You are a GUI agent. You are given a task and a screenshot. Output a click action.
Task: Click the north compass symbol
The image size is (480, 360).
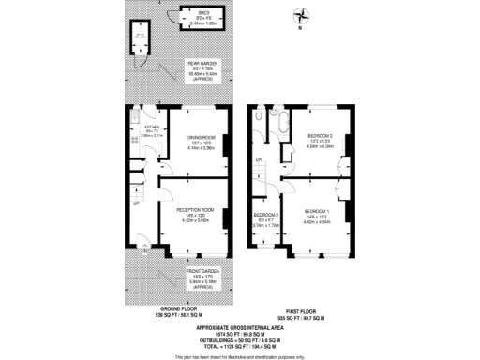tap(299, 15)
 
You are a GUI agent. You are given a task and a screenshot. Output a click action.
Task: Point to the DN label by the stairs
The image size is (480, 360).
tap(260, 160)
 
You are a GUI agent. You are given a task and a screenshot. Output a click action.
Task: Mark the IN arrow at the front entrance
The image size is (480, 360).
tap(143, 250)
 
